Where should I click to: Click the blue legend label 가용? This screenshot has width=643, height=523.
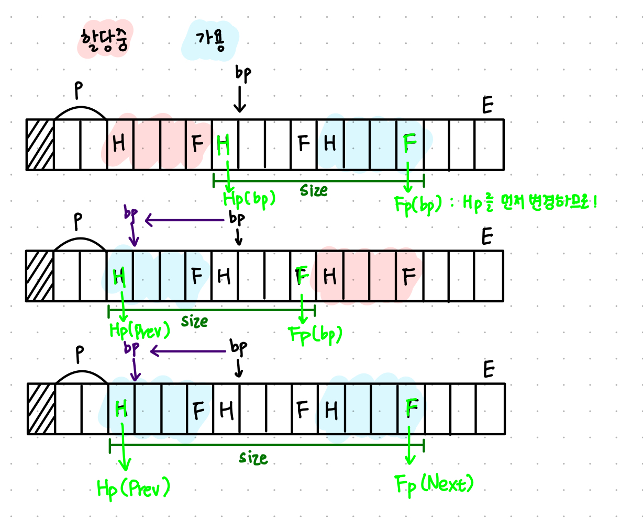coord(210,41)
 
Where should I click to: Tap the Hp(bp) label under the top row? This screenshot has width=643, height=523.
coord(249,200)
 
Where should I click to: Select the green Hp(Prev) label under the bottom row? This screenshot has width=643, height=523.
coord(134,488)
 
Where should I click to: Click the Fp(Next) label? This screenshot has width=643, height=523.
coord(434,483)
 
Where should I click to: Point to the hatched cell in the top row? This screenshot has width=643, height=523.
coord(40,145)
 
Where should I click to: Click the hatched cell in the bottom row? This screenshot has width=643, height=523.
coord(41,409)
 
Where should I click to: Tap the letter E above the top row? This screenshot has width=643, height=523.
coord(487,106)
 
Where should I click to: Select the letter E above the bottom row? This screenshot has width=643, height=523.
coord(489,370)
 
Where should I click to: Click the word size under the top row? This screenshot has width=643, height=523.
coord(314,190)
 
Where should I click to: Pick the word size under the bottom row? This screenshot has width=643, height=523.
coord(253,458)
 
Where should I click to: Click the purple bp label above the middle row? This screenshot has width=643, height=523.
coord(131,213)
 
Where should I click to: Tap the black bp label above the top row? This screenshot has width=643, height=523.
coord(243,74)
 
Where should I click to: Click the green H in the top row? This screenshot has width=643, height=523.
coord(224,144)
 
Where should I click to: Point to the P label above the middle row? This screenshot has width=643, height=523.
coord(78,222)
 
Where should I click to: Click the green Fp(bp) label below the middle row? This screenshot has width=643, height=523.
coord(316,334)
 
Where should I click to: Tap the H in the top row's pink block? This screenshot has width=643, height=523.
coord(119,143)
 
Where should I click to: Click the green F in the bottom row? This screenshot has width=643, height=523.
coord(412,408)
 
